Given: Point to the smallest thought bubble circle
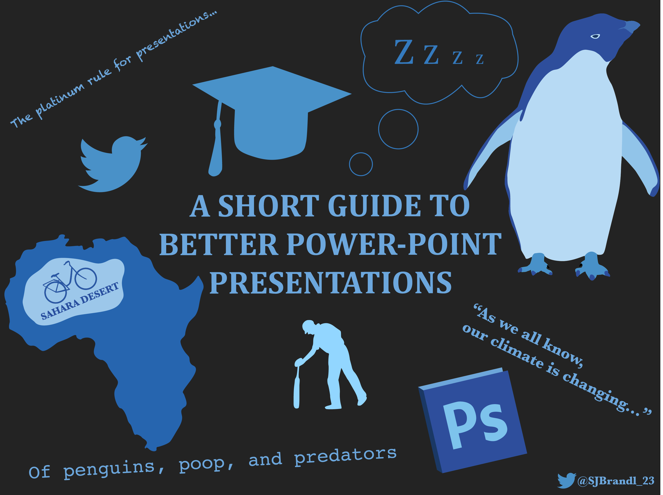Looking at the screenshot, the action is (361, 153).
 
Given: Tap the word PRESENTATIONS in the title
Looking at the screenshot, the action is (330, 283).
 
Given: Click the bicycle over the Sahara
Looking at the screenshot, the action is (70, 282).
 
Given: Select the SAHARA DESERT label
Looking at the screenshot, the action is (80, 301).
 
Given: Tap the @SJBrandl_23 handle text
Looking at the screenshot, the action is (616, 481).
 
